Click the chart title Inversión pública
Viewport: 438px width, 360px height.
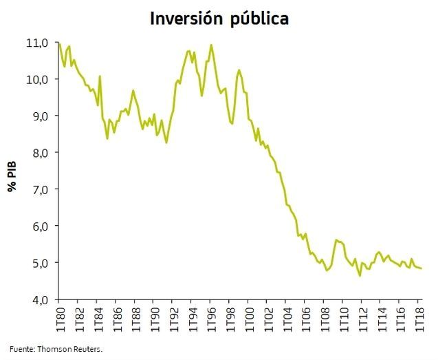click(219, 19)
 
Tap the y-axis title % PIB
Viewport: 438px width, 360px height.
click(12, 175)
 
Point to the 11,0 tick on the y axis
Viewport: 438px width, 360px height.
click(36, 43)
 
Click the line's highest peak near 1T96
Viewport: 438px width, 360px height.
click(211, 45)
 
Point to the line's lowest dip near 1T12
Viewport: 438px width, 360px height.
click(360, 276)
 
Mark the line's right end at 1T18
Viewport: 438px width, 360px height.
click(421, 268)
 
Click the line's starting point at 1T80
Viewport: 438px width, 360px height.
click(58, 43)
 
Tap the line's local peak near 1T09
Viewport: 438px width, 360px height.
click(336, 240)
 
